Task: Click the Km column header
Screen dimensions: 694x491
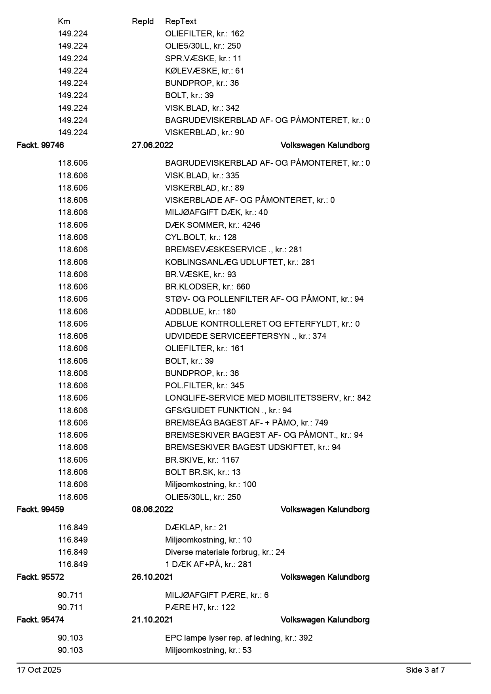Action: point(64,21)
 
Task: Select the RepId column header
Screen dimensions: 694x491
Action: point(143,21)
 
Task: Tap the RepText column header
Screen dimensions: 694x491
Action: point(181,21)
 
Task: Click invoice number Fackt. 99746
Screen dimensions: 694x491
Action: point(40,145)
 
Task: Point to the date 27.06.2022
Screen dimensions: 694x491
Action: point(152,145)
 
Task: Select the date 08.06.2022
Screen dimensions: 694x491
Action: point(152,509)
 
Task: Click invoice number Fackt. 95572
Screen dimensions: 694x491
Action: point(40,577)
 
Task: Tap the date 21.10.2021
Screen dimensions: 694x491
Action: point(152,620)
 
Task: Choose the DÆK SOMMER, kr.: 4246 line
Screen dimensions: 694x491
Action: point(213,225)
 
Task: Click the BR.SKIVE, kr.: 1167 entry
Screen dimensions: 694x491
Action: point(202,460)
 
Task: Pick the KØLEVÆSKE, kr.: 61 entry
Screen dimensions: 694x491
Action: point(204,71)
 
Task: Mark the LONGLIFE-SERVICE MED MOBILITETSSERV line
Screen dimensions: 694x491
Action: point(268,398)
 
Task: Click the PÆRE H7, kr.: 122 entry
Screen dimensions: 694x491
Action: point(200,607)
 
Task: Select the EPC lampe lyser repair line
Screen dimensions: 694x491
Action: point(239,638)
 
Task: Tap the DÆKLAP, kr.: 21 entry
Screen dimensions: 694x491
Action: point(196,528)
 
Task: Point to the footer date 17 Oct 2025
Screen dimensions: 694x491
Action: point(39,670)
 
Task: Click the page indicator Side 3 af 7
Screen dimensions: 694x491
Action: point(425,670)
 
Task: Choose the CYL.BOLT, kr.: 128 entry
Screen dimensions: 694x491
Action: point(201,237)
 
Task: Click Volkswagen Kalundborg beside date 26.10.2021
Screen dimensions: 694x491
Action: point(325,577)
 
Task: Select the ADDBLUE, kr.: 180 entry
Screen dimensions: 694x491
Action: point(200,312)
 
